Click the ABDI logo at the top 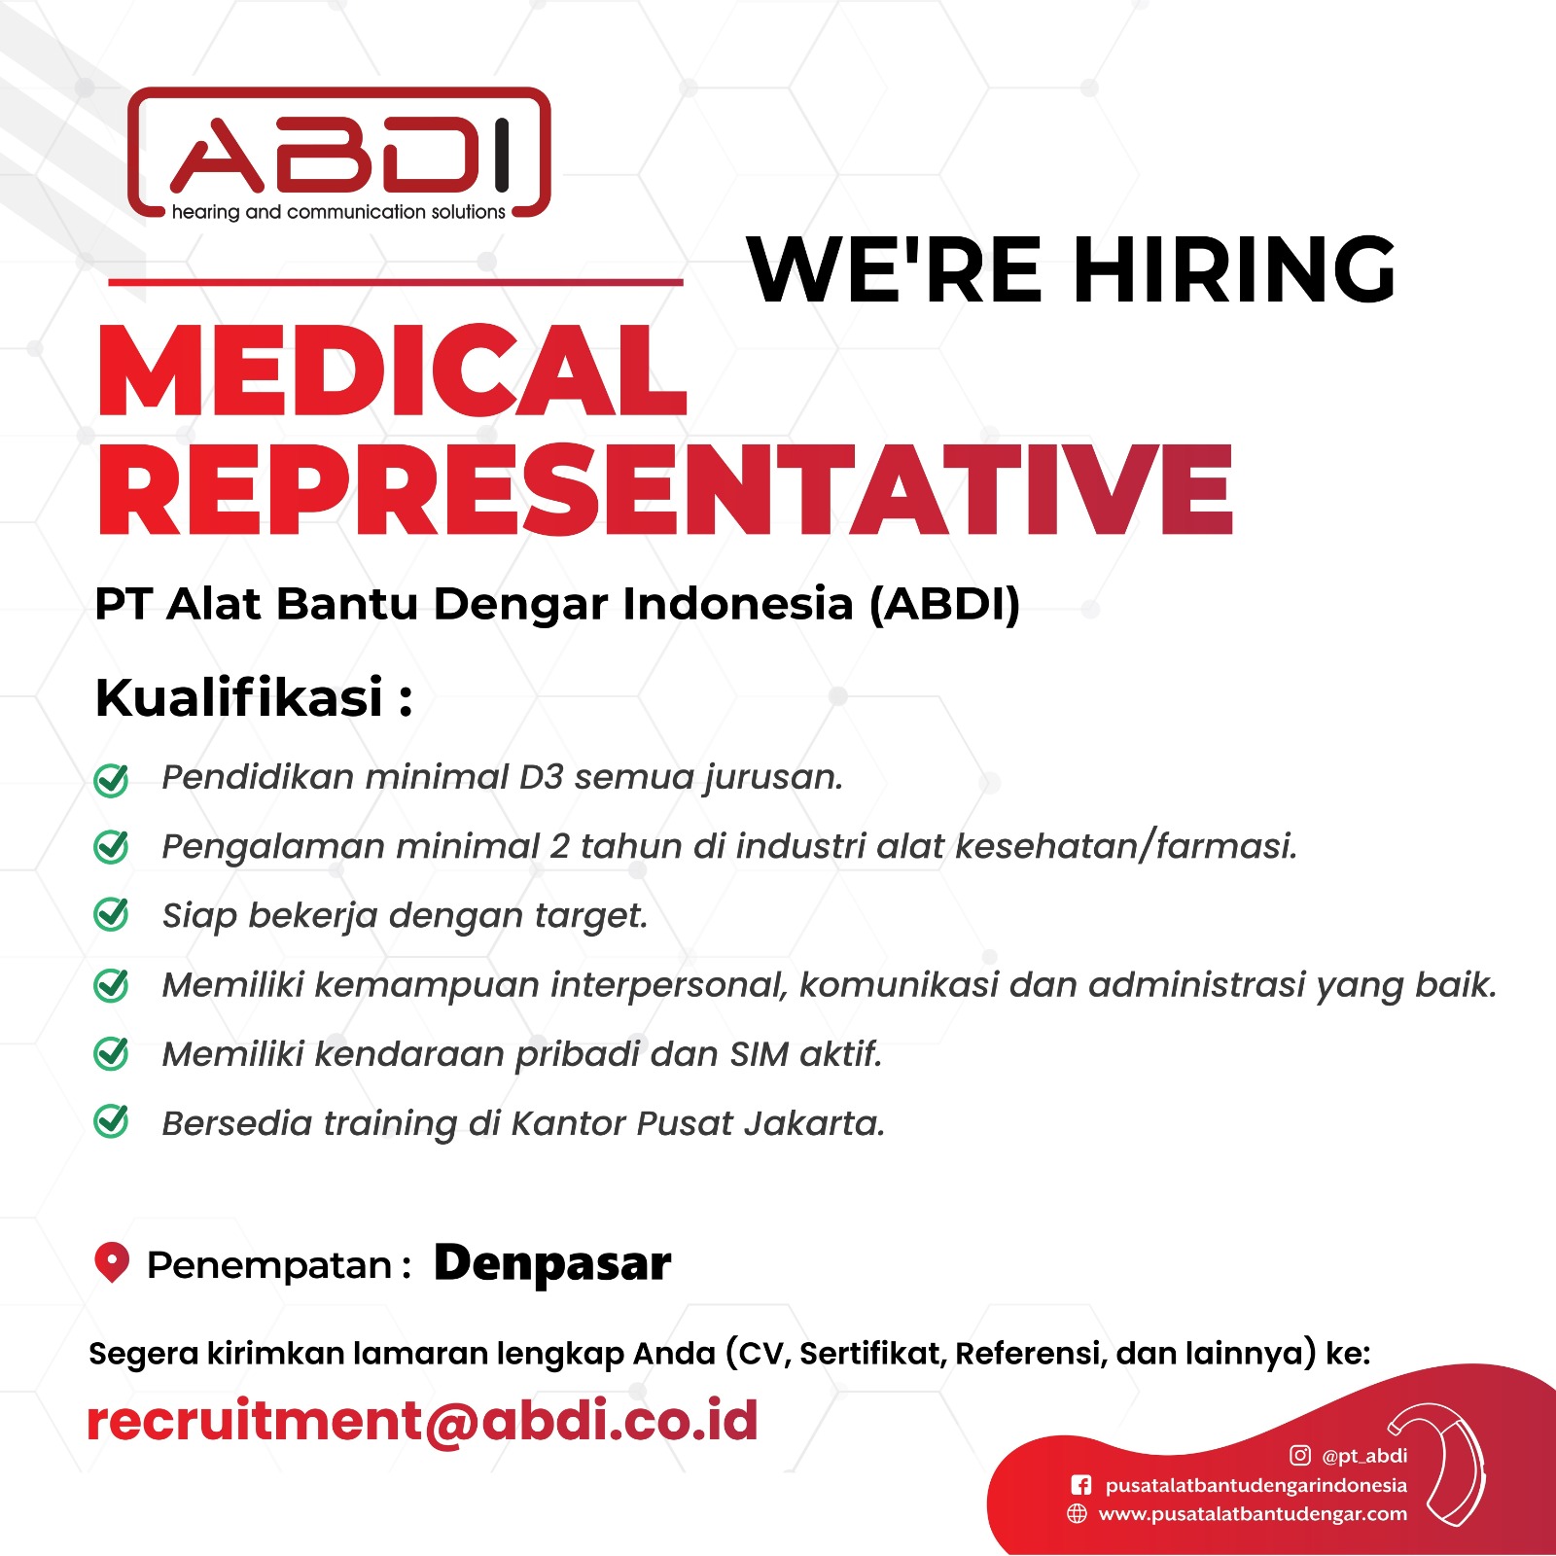339,154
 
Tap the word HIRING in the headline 1234,269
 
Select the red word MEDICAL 393,371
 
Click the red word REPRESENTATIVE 666,488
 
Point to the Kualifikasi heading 254,697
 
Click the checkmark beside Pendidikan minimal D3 111,779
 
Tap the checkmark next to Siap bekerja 111,915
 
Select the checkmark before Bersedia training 111,1122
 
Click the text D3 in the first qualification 541,777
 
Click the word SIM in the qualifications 760,1054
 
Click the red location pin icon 112,1262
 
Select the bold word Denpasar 552,1264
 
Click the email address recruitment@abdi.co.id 423,1421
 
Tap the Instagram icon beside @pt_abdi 1299,1455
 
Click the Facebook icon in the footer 1080,1485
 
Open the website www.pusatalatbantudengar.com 1253,1514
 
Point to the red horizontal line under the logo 396,282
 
